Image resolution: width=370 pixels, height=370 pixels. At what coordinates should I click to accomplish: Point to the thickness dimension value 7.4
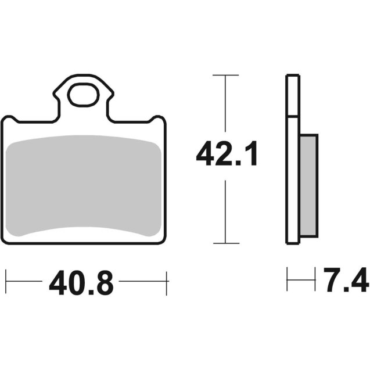[345, 280]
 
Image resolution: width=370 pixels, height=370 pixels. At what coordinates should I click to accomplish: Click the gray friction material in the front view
[84, 186]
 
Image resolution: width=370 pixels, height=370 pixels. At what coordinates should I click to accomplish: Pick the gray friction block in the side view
[308, 185]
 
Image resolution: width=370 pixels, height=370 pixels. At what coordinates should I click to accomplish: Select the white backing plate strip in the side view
[293, 160]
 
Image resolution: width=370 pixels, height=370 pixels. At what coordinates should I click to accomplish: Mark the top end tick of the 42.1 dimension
[225, 75]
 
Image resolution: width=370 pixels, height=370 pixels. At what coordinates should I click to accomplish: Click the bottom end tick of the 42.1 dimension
[225, 243]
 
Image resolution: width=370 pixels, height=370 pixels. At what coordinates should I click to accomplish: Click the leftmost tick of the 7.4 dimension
[287, 279]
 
